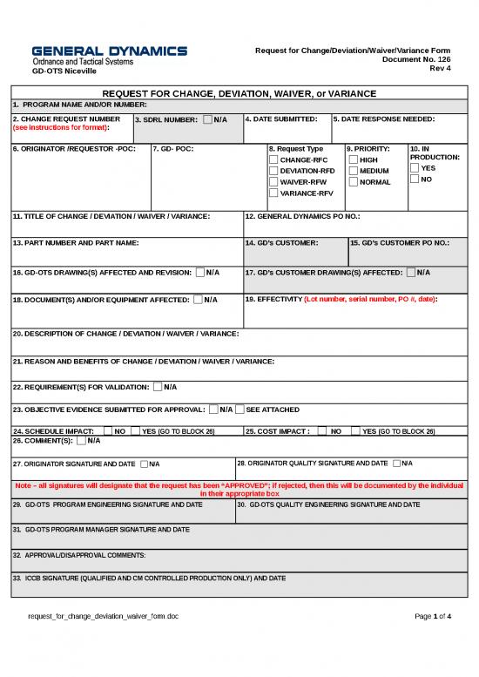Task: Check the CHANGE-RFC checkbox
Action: tap(273, 160)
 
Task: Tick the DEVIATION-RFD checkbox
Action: tap(273, 172)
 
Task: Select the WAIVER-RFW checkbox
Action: tap(273, 182)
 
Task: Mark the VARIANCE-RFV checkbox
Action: tap(273, 193)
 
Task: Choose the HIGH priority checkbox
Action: tap(353, 160)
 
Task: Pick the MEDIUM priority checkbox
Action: tap(353, 172)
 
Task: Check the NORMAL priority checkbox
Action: tap(353, 182)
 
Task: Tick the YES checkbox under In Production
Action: tap(414, 168)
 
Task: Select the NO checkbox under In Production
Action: tap(414, 179)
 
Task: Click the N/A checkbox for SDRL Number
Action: tap(206, 119)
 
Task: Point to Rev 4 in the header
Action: tap(440, 70)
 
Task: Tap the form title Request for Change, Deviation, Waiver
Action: tap(239, 93)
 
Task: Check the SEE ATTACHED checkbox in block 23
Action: tap(240, 410)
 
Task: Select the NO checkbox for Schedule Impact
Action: tap(108, 430)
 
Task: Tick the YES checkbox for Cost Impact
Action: tap(355, 430)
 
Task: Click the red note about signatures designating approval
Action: tap(239, 490)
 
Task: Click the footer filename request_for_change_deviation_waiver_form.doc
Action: tap(103, 616)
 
